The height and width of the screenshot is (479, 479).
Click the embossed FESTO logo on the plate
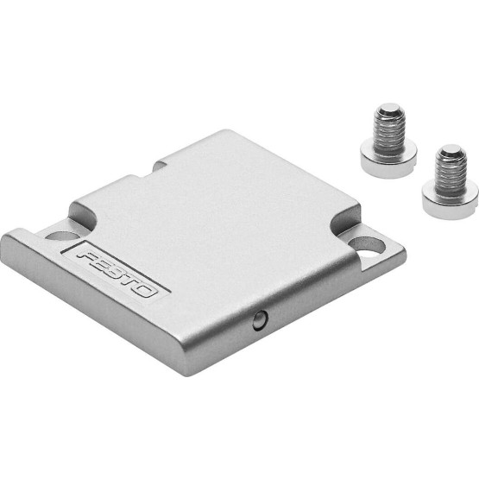pos(117,274)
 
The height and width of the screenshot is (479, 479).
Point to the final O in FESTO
pos(147,291)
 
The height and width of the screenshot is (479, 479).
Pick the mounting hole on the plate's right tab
pos(366,246)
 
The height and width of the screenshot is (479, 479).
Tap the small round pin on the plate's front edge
pos(261,320)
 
